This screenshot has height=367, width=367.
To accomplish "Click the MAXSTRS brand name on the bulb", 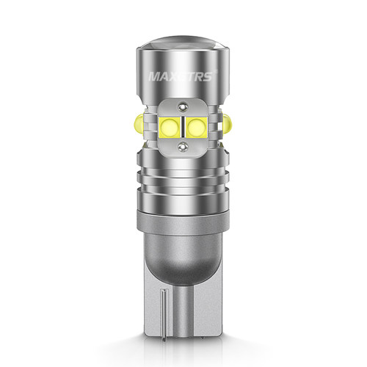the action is click(x=181, y=76).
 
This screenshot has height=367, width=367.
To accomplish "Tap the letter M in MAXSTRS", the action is click(x=154, y=76).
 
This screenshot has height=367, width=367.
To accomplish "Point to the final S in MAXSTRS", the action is click(x=208, y=76).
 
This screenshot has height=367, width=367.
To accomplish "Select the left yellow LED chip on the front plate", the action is click(x=170, y=127).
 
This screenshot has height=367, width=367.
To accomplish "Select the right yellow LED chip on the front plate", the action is click(x=197, y=127).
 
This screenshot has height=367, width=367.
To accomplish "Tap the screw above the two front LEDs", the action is click(x=182, y=106).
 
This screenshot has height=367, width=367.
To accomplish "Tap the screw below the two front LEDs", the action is click(x=182, y=147).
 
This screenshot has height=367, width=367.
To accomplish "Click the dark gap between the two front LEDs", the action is click(x=183, y=127).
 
